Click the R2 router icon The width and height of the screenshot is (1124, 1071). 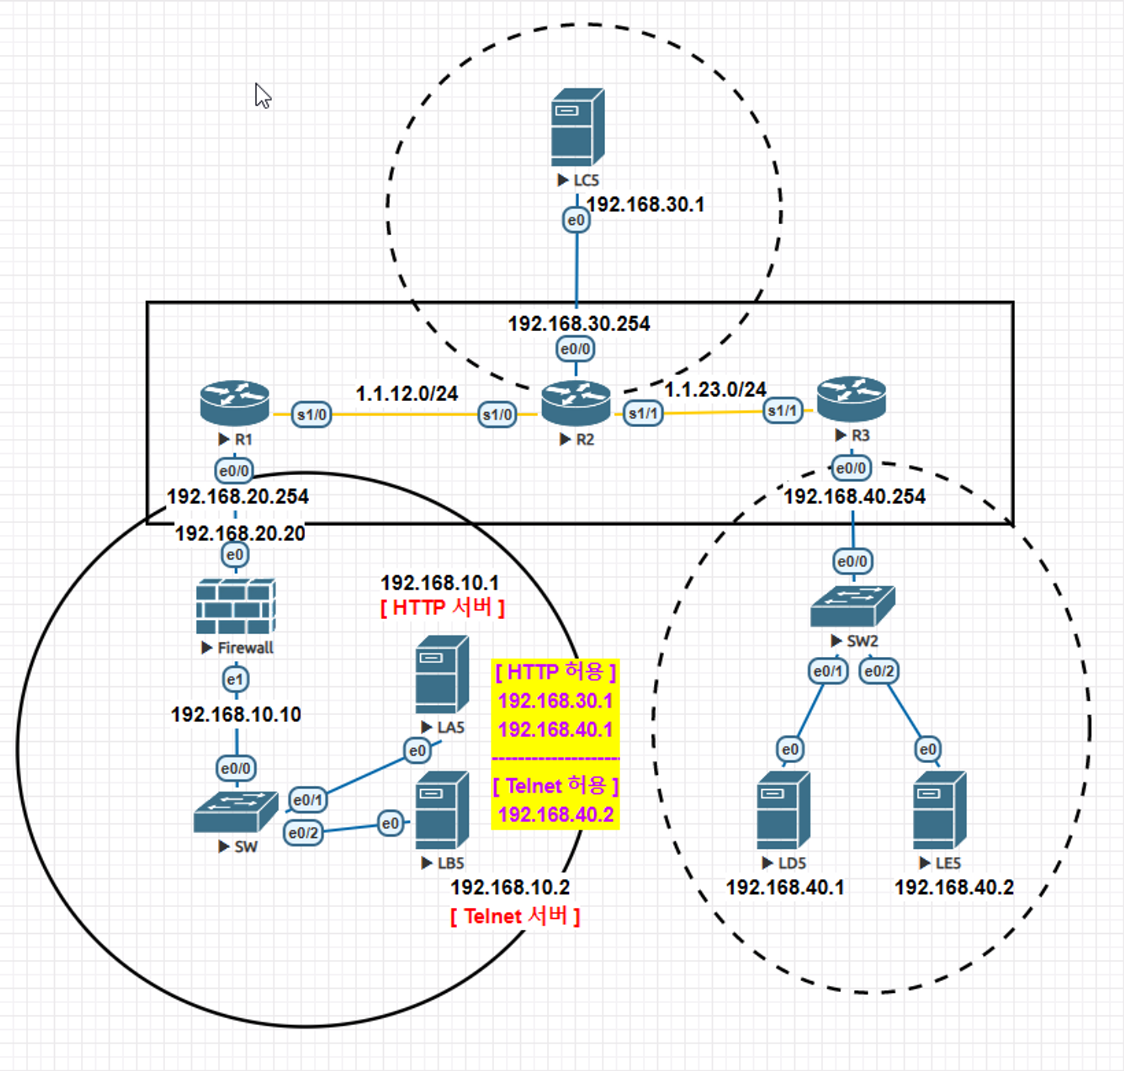[576, 402]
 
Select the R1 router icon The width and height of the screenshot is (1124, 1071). [234, 402]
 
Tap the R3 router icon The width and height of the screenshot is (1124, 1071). [851, 399]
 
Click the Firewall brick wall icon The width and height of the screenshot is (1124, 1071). [236, 607]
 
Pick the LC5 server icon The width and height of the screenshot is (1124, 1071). [577, 128]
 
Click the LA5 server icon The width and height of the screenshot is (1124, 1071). [442, 675]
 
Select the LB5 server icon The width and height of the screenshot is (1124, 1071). [442, 810]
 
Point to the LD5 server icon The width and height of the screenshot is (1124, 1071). [783, 810]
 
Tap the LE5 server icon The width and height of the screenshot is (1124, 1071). [940, 810]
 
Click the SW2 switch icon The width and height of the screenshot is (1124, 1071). [853, 606]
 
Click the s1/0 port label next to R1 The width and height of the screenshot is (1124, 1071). [312, 415]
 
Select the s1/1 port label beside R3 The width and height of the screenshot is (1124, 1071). [783, 411]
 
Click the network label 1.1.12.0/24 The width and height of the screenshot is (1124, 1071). [406, 394]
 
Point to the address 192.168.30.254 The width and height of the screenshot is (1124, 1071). [578, 324]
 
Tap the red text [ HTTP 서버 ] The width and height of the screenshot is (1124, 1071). [442, 607]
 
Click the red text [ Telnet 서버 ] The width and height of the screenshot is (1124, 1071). [515, 916]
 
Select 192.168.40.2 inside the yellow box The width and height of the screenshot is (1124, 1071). [555, 815]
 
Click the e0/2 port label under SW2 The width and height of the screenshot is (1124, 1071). [879, 671]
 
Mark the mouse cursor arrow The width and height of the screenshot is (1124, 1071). [262, 95]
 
